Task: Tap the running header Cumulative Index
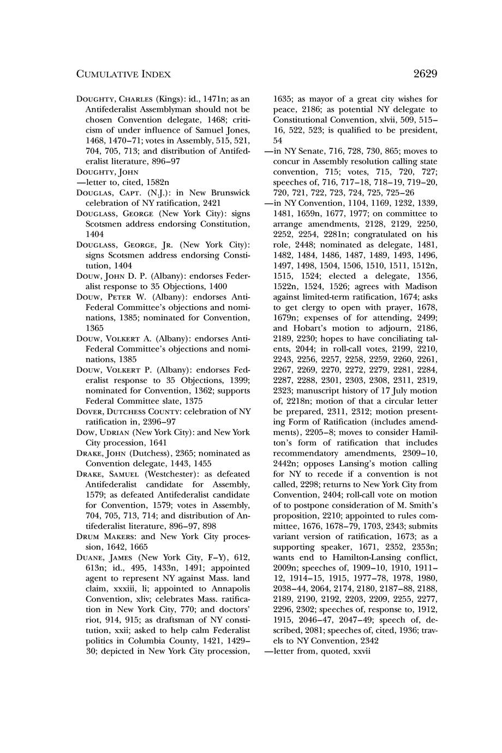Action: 123,74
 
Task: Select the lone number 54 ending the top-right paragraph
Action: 278,141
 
